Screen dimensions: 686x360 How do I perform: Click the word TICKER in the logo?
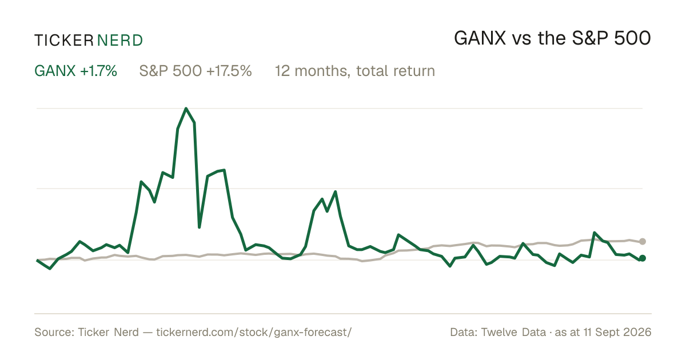[64, 41]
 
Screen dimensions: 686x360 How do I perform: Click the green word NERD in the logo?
[119, 41]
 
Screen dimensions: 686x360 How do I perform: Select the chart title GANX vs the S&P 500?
[552, 39]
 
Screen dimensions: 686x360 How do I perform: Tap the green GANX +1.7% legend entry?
[75, 71]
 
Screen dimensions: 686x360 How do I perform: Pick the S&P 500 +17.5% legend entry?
[196, 71]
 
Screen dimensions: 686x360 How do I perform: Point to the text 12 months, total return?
[355, 71]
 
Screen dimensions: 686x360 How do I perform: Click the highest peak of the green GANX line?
[186, 109]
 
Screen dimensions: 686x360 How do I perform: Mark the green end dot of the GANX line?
[643, 258]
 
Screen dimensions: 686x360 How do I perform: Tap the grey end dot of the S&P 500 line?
[643, 241]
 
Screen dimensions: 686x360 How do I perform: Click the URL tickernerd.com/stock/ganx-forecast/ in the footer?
[254, 333]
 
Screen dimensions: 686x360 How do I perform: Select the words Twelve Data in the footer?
[513, 332]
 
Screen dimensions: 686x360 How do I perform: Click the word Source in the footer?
[53, 332]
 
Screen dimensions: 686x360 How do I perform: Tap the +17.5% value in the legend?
[229, 71]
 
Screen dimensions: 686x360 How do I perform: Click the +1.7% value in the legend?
[98, 71]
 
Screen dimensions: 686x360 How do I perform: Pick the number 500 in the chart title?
[632, 39]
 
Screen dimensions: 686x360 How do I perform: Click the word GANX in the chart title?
[480, 39]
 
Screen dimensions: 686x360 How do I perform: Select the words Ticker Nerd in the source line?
[108, 332]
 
